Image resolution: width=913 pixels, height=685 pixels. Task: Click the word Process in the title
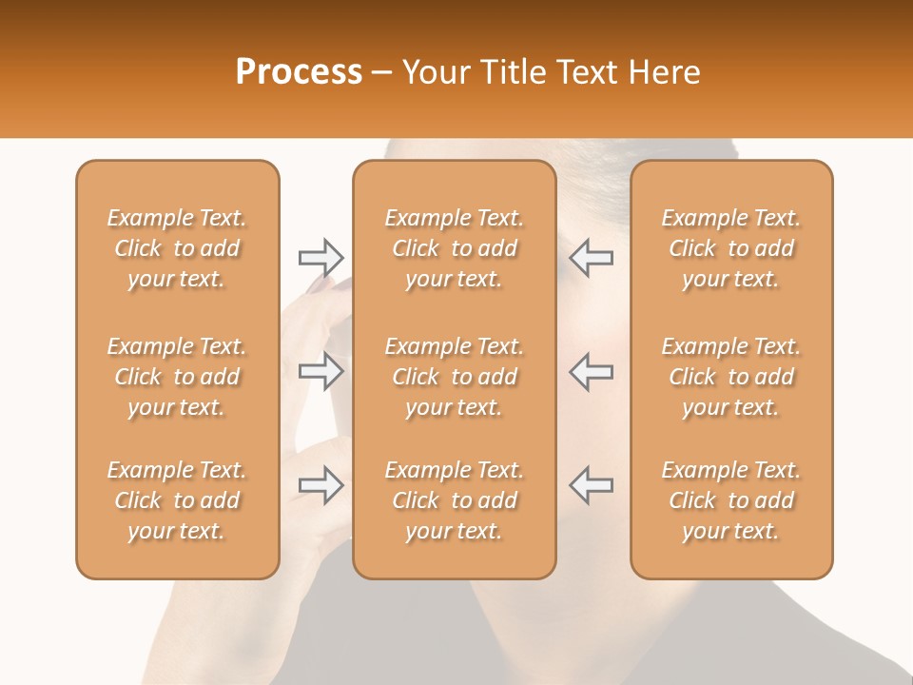point(299,72)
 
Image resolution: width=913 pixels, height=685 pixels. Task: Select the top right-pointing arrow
point(321,257)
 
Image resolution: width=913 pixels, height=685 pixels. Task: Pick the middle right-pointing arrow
point(321,371)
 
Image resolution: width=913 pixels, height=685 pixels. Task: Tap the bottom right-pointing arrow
point(321,485)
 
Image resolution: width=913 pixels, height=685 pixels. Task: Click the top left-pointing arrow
point(592,257)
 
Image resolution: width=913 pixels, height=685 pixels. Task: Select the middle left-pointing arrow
point(592,371)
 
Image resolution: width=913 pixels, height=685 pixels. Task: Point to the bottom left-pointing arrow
point(592,485)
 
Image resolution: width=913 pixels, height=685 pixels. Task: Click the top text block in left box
point(177,248)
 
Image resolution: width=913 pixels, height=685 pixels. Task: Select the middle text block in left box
point(177,377)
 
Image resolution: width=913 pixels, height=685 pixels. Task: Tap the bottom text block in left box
point(177,500)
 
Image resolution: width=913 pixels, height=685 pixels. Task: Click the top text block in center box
point(454,248)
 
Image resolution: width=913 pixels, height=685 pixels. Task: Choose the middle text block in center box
point(454,377)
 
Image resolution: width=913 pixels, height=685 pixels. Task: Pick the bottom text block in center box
point(454,500)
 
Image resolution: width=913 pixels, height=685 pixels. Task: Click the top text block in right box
point(730,248)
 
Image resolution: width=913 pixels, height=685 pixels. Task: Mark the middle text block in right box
point(730,377)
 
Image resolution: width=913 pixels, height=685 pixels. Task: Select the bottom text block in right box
point(730,500)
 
